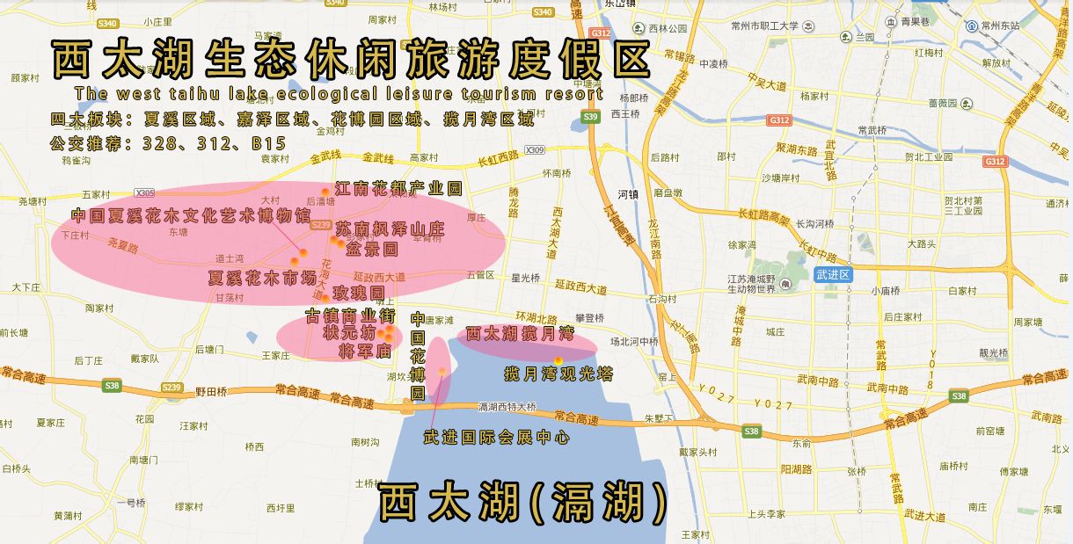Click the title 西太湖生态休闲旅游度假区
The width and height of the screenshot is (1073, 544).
[x=351, y=60]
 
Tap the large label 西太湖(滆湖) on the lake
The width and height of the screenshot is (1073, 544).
[x=523, y=504]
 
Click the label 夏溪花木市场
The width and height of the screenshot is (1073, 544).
[x=262, y=279]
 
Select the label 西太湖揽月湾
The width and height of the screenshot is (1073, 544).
[x=520, y=334]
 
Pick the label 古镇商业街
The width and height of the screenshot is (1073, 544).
[x=349, y=316]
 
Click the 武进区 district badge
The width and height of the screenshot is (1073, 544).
[x=833, y=274]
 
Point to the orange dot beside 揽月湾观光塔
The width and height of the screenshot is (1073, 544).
[x=558, y=360]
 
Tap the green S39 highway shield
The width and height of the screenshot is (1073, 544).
[x=590, y=117]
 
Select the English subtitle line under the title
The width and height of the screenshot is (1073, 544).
[x=339, y=93]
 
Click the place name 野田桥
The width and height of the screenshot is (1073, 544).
[x=211, y=392]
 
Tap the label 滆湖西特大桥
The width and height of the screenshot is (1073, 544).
[x=506, y=407]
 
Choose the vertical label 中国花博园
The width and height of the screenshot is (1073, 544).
[x=419, y=356]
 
